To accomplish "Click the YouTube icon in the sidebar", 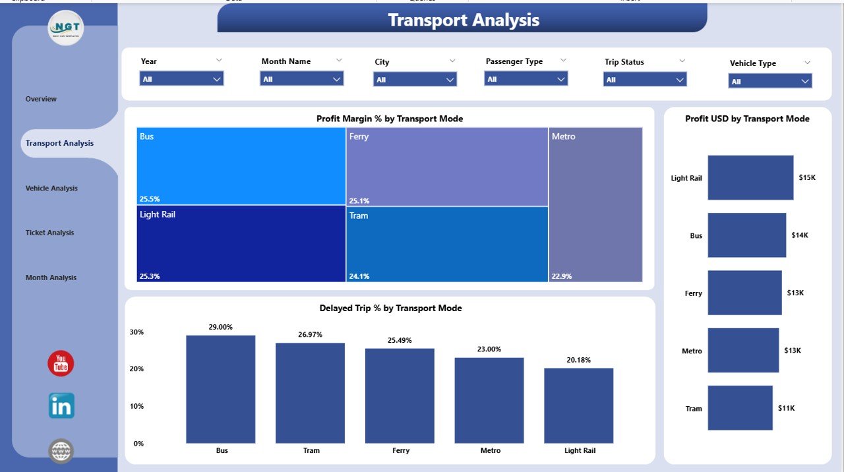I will point(61,363).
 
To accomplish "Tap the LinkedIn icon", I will point(61,406).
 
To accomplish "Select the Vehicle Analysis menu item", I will point(51,189).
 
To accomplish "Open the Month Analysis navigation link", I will point(51,278).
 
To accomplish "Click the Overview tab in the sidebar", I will point(41,99).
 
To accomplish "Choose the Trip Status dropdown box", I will point(645,80).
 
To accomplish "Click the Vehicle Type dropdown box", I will point(769,81).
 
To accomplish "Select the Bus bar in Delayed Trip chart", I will point(220,389).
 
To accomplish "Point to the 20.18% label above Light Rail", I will point(578,360).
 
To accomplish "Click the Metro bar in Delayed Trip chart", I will point(489,400).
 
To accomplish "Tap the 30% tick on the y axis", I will point(136,332).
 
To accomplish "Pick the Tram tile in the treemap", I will point(446,244).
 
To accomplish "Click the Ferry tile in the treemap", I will point(446,167).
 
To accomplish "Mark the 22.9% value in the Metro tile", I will point(562,276).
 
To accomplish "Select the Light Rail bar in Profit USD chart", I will point(750,177).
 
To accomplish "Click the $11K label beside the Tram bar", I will point(786,408).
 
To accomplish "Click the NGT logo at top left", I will point(66,28).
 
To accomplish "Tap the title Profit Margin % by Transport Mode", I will point(389,119).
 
